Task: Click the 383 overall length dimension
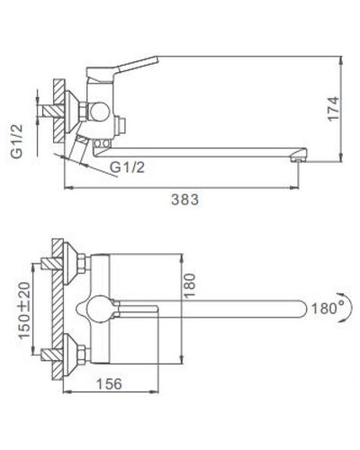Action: point(184,200)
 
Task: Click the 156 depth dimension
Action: point(110,382)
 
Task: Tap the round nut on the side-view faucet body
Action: point(96,112)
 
